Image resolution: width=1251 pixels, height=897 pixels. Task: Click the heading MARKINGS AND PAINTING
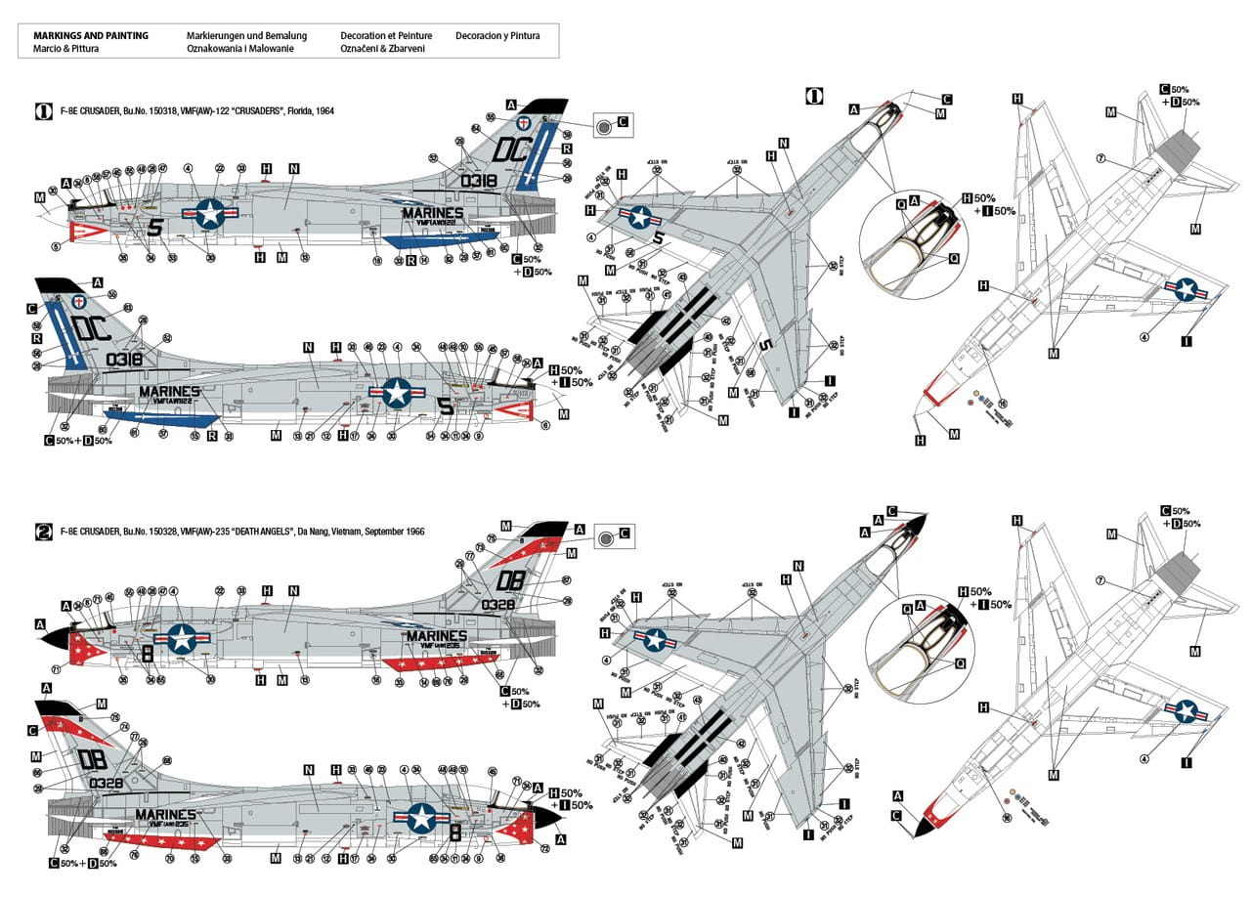click(x=91, y=35)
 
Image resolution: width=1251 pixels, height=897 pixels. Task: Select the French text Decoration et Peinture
click(x=386, y=35)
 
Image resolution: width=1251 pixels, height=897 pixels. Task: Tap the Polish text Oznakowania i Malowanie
click(x=239, y=48)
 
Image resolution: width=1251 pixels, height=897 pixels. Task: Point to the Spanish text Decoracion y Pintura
click(x=497, y=35)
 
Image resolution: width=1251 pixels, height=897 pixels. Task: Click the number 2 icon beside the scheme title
click(x=43, y=532)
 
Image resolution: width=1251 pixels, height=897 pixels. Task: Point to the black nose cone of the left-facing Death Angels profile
click(x=59, y=637)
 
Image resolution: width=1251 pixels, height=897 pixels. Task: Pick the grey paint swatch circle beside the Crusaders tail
click(x=606, y=126)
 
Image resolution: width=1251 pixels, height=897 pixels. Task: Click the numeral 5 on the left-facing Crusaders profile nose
click(x=153, y=228)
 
